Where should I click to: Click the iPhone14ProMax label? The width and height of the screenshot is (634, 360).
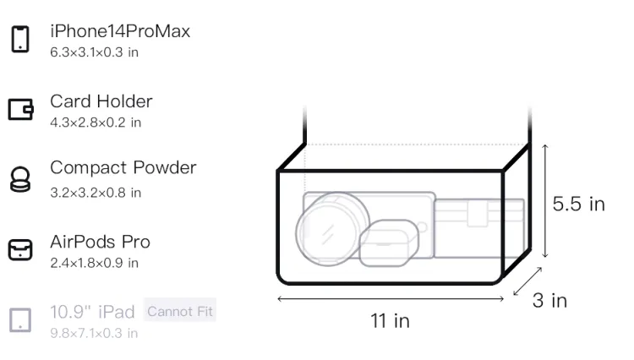(x=120, y=31)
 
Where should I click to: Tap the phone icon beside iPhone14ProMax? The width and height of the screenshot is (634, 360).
(x=20, y=39)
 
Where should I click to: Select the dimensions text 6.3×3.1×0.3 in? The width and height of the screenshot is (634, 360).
(x=94, y=52)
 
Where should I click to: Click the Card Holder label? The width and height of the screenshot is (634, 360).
(x=101, y=101)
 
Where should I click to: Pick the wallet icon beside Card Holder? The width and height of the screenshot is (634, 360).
(x=20, y=109)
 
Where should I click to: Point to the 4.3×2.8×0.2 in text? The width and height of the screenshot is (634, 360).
(x=96, y=123)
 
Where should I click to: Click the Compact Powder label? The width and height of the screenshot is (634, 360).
(x=123, y=167)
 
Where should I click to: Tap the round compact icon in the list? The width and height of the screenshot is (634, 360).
(x=20, y=179)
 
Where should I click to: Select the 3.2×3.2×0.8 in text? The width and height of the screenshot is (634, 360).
(x=96, y=193)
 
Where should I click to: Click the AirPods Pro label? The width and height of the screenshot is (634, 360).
(x=101, y=242)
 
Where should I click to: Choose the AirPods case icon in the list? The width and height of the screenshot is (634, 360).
(x=20, y=249)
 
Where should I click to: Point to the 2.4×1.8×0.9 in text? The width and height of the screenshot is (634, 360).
(x=94, y=263)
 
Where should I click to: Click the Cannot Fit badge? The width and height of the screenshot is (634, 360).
(x=180, y=311)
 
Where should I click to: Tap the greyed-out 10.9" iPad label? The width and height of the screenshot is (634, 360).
(x=92, y=312)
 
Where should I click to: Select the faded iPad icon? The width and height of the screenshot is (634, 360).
(x=20, y=320)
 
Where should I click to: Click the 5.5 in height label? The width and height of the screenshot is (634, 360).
(x=578, y=204)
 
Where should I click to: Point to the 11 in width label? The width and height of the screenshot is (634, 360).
(x=391, y=321)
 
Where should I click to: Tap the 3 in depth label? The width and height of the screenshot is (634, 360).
(x=550, y=301)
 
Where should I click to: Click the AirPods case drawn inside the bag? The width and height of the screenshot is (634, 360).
(x=389, y=243)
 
